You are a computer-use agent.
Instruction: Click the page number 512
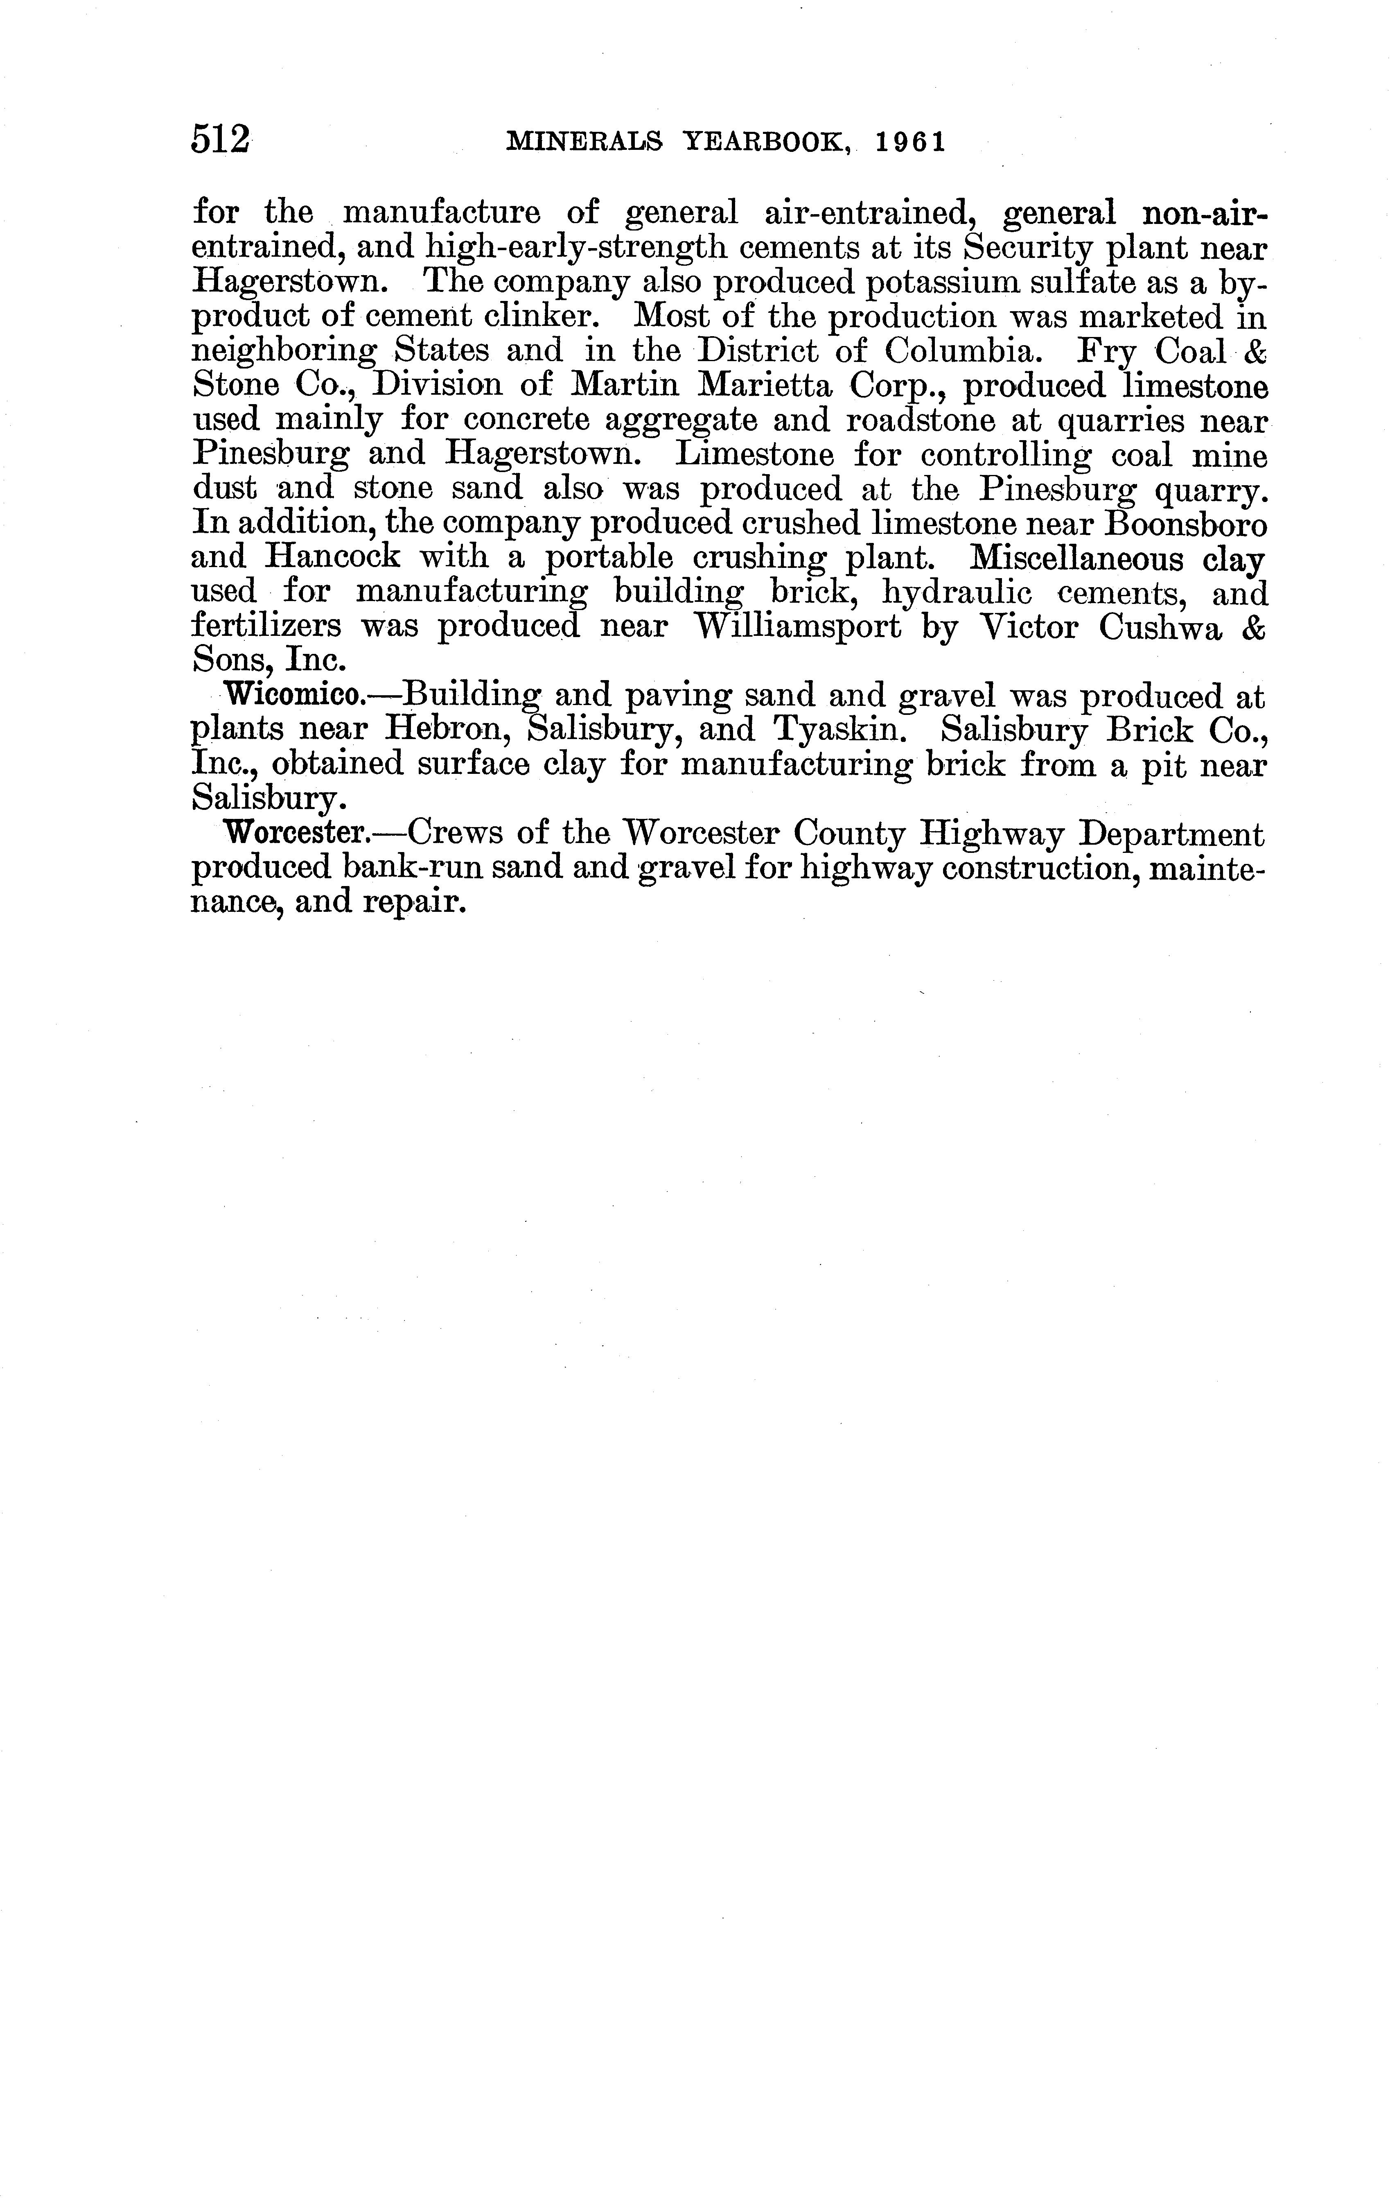pyautogui.click(x=220, y=141)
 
